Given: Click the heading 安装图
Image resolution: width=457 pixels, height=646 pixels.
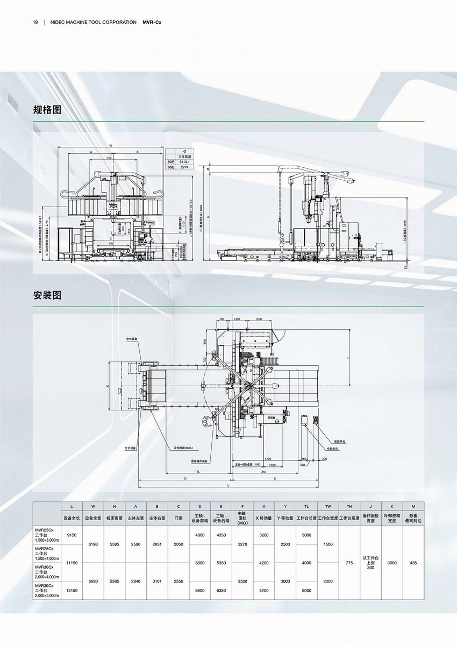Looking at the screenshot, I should point(47,295).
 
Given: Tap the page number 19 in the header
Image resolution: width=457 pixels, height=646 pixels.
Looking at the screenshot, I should point(35,23).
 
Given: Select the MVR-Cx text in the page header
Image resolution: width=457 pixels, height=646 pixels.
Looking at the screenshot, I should point(152,23).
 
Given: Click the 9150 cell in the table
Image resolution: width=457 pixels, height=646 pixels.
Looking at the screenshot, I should point(72,535).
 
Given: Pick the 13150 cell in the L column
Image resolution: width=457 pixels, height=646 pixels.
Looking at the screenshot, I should point(72,590).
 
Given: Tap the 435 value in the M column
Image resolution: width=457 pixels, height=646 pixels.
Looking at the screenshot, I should point(413,563).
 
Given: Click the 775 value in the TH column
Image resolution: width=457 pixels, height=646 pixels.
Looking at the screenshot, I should point(349,563).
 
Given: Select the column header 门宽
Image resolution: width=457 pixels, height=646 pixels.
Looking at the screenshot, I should point(178,518).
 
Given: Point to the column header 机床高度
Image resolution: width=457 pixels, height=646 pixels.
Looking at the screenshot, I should point(114,518).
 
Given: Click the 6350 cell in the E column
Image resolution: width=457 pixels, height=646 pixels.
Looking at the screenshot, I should point(221,590).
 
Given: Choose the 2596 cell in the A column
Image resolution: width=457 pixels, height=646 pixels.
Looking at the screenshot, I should point(135,544).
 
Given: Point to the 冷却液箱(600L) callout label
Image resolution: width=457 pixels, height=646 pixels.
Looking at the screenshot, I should point(183,446).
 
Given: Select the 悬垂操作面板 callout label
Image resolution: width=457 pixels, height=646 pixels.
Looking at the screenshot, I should point(199,461).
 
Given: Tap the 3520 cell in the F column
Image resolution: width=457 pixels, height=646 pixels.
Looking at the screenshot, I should point(242,581).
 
